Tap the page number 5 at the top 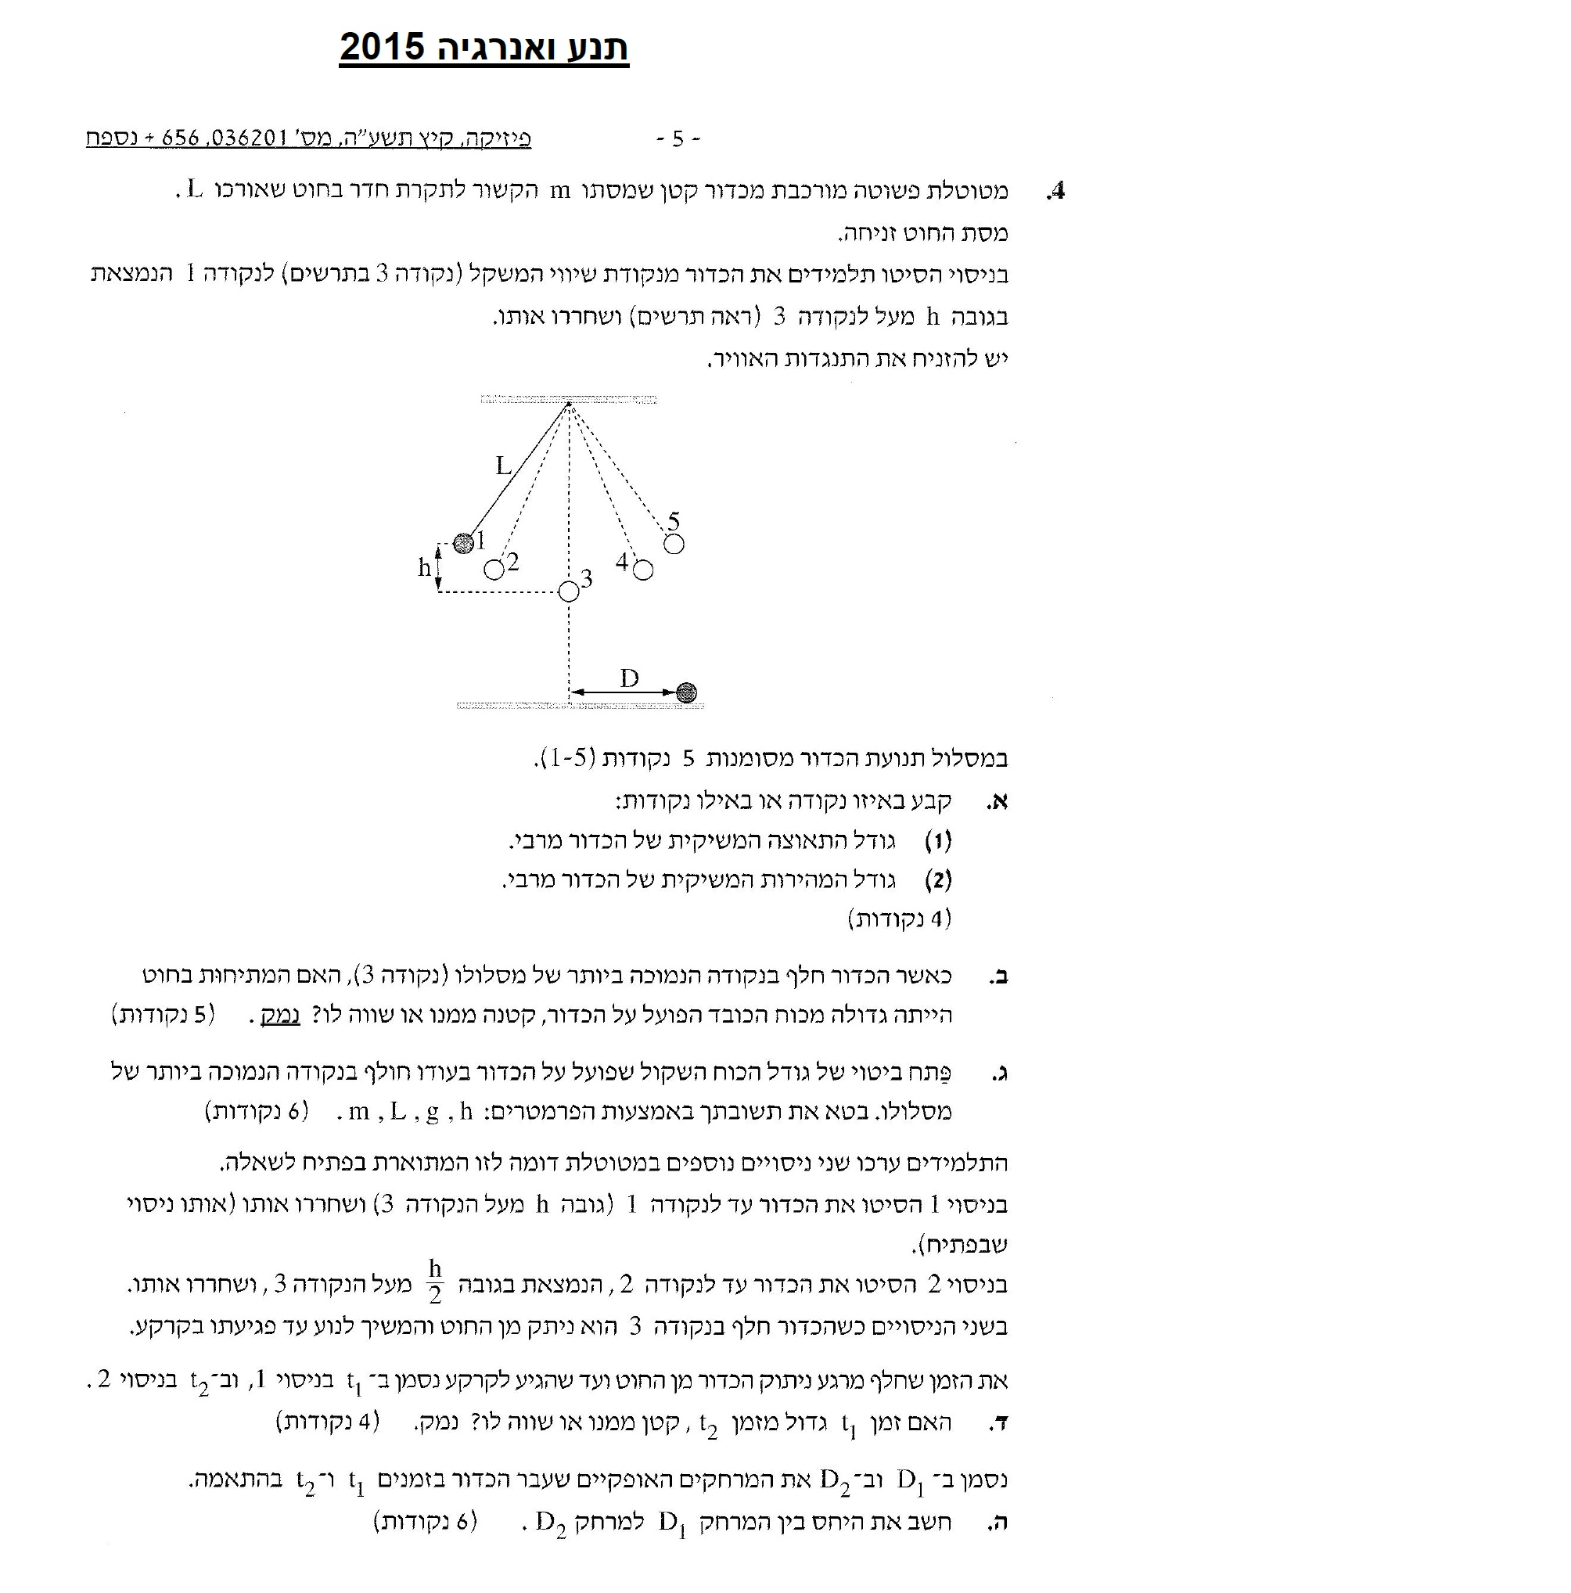(677, 138)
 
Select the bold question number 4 (1055, 191)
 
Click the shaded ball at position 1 (463, 542)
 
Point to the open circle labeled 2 (494, 570)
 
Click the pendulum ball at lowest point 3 (569, 592)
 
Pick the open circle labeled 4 (643, 570)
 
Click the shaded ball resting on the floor (686, 692)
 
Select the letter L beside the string (503, 466)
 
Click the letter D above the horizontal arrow (629, 678)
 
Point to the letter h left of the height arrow (424, 567)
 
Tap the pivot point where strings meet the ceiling (569, 403)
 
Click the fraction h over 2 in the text (434, 1282)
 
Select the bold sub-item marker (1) (937, 841)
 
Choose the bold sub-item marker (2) (937, 880)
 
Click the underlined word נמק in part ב (280, 1015)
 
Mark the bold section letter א (998, 801)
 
